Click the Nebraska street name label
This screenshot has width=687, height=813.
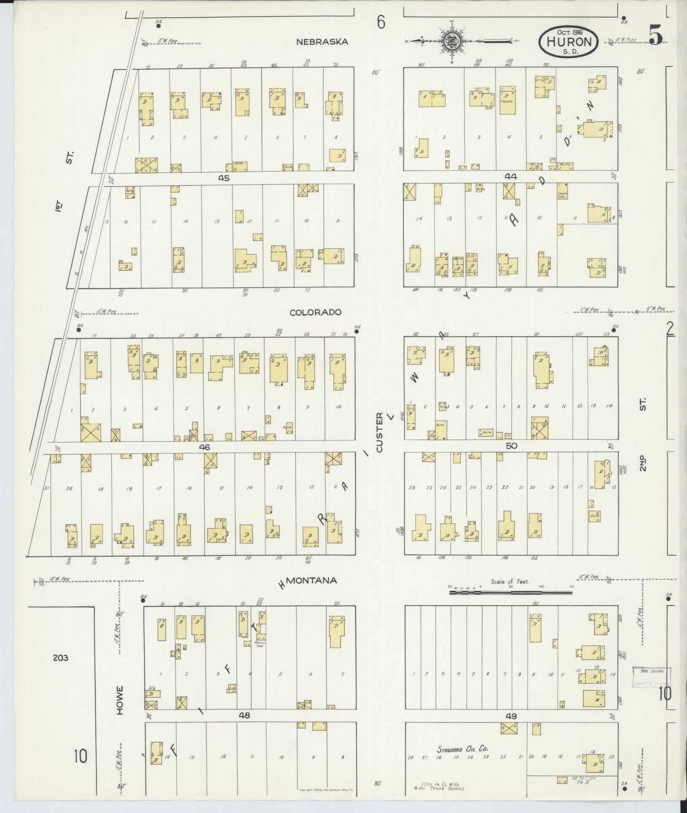click(322, 42)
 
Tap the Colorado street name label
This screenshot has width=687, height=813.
click(315, 313)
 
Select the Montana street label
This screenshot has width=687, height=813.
click(311, 581)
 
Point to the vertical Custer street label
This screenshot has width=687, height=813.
click(379, 433)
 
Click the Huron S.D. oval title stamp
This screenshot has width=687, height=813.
click(568, 41)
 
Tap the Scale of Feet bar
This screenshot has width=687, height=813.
click(511, 592)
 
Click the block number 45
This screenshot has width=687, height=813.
click(224, 178)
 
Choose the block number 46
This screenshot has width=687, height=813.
click(205, 447)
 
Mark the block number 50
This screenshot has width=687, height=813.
click(511, 446)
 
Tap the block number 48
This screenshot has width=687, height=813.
click(244, 716)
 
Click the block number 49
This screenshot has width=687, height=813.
click(511, 716)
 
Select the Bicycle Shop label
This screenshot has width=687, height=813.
click(260, 644)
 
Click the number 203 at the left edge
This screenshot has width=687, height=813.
click(61, 657)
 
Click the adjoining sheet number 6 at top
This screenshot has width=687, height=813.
click(381, 22)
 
